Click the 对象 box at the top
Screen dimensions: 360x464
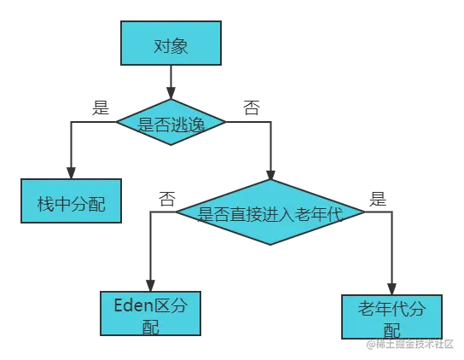click(171, 44)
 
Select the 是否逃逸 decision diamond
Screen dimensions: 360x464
click(171, 124)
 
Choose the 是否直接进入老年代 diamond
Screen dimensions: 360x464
click(270, 212)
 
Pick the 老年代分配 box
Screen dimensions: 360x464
click(391, 317)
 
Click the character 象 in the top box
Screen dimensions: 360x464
click(179, 45)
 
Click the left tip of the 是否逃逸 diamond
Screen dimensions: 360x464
click(117, 124)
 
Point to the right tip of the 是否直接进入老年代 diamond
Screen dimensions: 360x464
click(362, 212)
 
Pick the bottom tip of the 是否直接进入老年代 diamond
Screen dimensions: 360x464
click(270, 244)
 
